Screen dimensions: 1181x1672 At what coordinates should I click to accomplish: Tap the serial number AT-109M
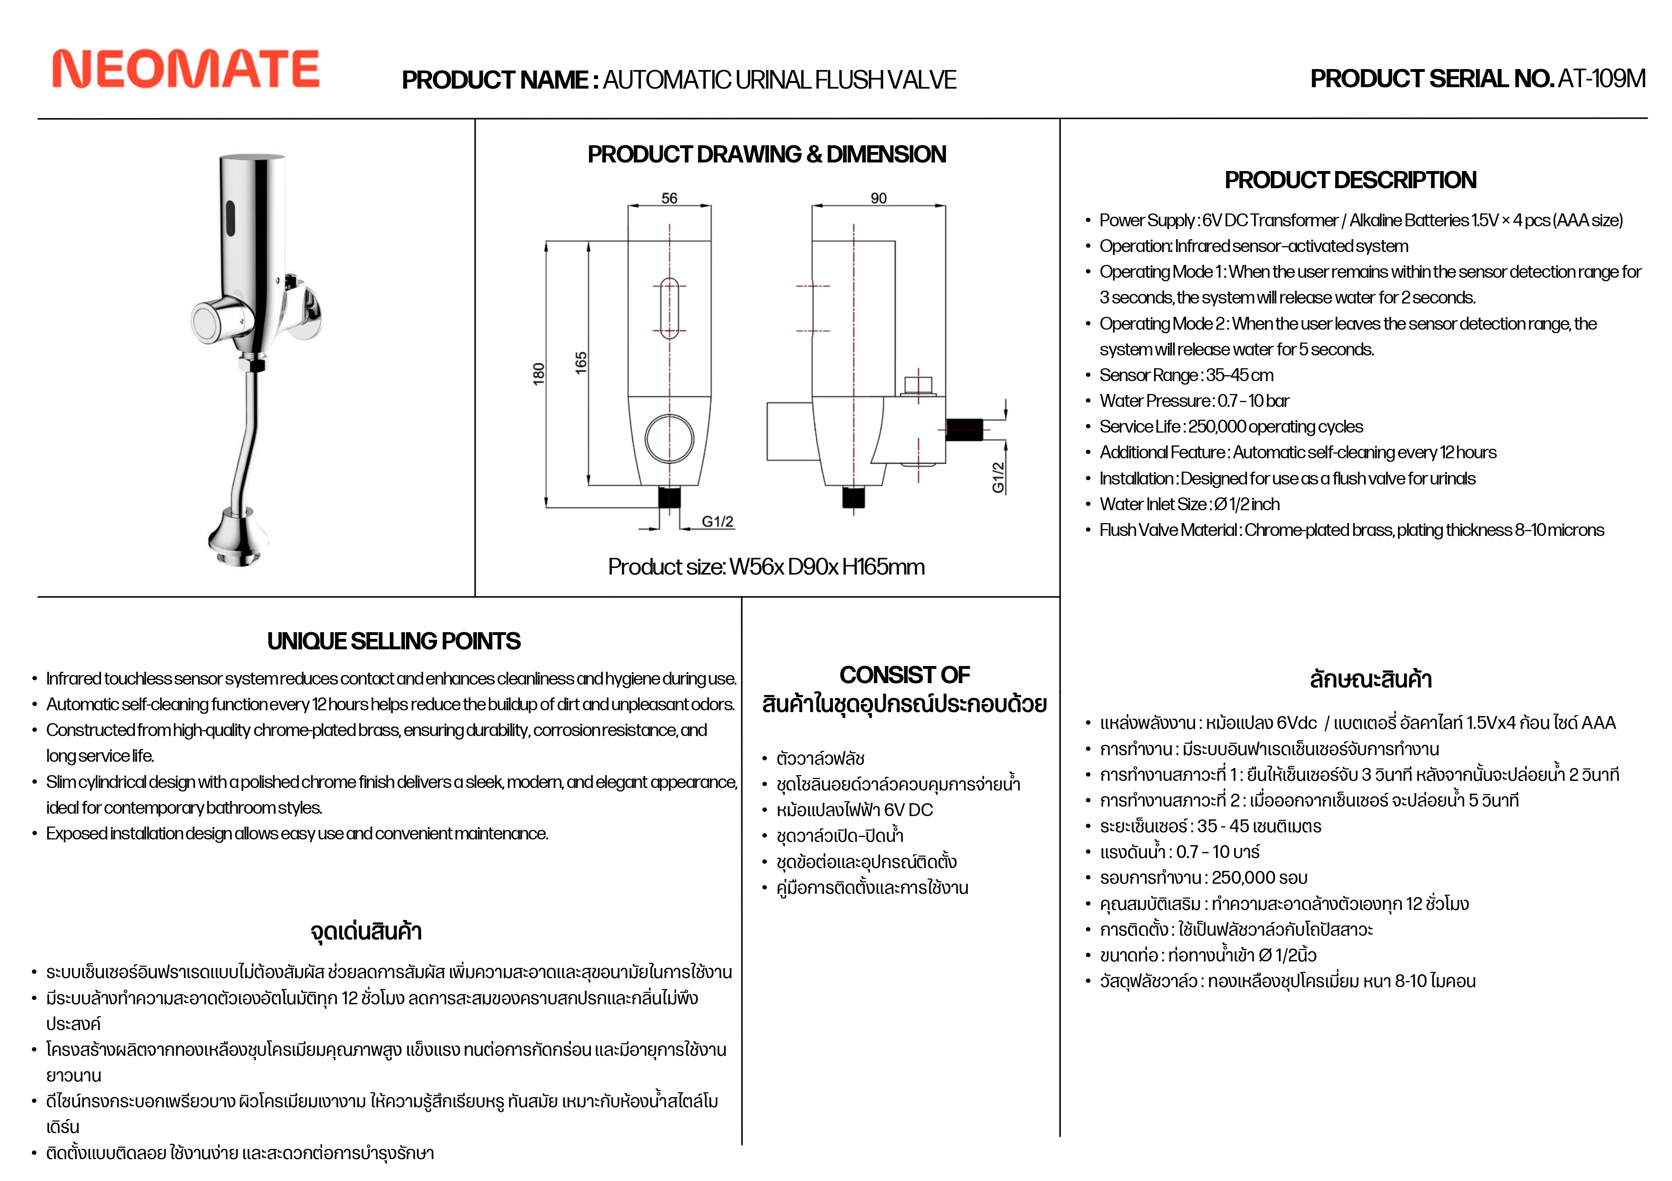[1601, 79]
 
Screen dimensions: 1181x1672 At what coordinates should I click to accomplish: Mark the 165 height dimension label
[580, 363]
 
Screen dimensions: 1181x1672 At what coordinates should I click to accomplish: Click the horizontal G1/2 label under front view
[717, 521]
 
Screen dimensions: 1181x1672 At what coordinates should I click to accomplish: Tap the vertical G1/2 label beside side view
[998, 477]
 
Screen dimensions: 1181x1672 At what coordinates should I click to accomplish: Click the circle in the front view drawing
[669, 438]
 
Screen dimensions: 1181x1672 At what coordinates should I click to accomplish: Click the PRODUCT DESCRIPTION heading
[1350, 180]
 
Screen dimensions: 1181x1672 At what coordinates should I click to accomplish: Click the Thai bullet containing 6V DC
[853, 810]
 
